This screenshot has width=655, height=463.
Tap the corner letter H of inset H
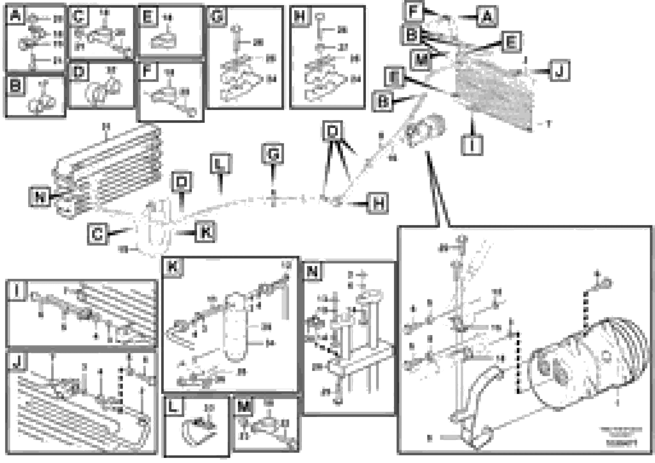click(299, 16)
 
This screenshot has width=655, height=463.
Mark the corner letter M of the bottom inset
click(243, 406)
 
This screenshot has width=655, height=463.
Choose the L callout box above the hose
click(220, 164)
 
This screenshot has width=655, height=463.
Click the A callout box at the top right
click(487, 17)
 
